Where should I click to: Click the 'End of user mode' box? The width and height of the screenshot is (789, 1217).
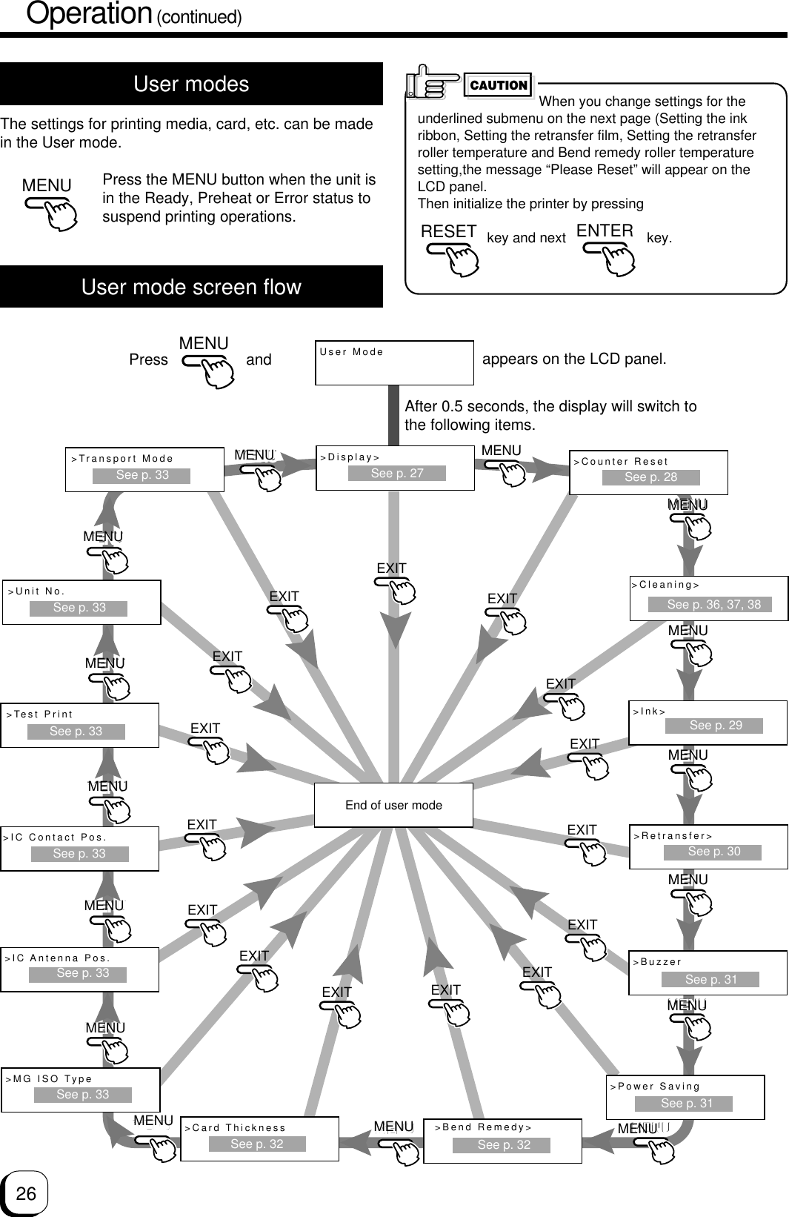tap(393, 805)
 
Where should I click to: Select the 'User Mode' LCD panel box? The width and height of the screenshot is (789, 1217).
tap(394, 362)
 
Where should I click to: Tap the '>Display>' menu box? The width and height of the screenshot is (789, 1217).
tap(395, 468)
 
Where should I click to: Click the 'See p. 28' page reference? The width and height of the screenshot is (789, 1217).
tap(650, 477)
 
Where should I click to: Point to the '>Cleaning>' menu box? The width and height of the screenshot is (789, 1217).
tap(708, 597)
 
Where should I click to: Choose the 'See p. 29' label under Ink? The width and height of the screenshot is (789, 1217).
tap(714, 726)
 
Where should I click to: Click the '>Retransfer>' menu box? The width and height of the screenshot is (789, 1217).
tap(708, 846)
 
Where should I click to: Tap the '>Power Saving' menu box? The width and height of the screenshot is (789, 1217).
tap(685, 1097)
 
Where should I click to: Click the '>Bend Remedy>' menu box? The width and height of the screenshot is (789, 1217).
tap(502, 1140)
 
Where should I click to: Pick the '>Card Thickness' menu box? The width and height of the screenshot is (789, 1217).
tap(259, 1138)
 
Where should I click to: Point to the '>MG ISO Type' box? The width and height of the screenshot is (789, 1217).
tap(81, 1090)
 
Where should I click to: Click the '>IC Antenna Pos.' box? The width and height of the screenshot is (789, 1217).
tap(80, 969)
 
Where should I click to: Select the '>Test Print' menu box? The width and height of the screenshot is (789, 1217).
tap(80, 725)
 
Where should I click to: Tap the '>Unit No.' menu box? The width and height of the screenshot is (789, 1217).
tap(81, 602)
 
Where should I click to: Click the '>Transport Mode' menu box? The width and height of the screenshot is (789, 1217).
tap(144, 469)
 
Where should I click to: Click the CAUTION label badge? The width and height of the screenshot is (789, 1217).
tap(499, 85)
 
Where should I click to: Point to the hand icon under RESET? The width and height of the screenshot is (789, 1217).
tap(454, 255)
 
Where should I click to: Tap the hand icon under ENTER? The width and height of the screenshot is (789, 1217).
tap(610, 255)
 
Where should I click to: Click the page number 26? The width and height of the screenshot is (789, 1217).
tap(26, 1193)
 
